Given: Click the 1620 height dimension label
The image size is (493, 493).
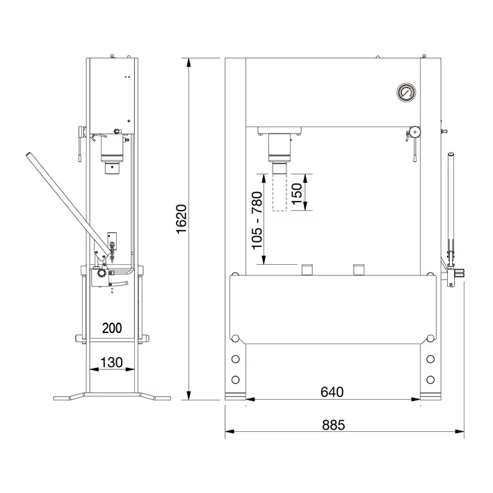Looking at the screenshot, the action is [181, 219].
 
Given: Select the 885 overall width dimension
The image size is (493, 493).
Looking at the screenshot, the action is [333, 425].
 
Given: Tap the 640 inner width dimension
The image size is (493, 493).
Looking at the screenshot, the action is [332, 391].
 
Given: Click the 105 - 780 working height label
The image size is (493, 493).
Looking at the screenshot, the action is [257, 220].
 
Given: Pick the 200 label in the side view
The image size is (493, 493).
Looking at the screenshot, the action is [112, 328].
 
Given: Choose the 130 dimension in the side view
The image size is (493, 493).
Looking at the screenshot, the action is [111, 362].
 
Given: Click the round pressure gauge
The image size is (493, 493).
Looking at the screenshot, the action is [406, 92].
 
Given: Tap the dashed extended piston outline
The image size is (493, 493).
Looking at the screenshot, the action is [280, 192].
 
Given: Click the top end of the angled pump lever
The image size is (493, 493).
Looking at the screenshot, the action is [29, 155].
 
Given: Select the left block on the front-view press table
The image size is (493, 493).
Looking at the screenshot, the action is [307, 270].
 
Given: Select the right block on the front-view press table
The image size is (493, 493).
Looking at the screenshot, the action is [359, 270].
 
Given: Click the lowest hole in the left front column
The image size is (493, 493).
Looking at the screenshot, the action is [236, 380].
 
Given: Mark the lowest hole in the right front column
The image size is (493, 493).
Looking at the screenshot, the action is [430, 380].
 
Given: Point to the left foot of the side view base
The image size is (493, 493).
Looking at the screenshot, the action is [69, 396].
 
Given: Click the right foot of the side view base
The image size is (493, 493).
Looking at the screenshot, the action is [154, 396].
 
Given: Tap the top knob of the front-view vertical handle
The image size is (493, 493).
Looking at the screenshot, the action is [451, 154].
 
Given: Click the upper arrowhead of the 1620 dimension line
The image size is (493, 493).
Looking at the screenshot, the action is [188, 63].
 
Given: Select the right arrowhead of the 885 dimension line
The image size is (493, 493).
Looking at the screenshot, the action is [460, 431].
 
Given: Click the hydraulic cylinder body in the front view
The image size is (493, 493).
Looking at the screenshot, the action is [280, 145].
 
